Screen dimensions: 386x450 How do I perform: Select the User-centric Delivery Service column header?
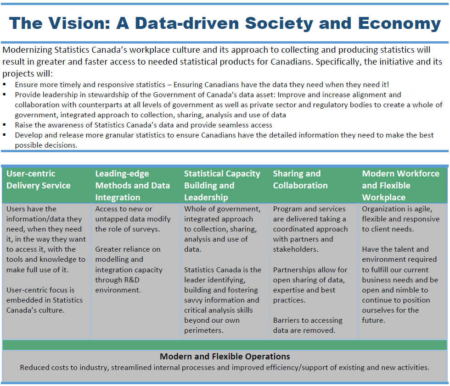39,180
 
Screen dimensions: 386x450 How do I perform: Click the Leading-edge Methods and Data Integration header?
133,186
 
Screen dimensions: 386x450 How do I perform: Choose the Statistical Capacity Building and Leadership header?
222,186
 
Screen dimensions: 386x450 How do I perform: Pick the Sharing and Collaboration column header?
300,180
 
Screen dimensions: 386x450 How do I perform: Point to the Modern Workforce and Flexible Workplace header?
400,186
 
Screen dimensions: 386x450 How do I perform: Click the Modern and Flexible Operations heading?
225,356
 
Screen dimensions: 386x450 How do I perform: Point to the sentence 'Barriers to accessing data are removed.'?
307,325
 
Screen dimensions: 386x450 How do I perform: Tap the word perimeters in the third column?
203,331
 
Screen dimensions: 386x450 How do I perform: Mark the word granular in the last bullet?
129,135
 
